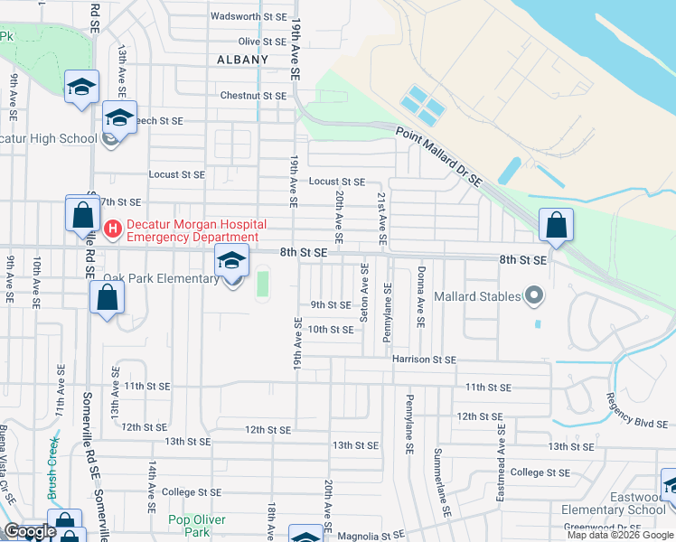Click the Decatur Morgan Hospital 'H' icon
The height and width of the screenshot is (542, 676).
pos(113,230)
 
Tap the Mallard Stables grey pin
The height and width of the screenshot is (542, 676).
pos(533,295)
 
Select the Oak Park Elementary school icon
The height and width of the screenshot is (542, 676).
pos(232,263)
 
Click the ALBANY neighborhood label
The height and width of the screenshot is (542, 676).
pos(243,60)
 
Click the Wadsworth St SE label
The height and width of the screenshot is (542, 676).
pos(248,16)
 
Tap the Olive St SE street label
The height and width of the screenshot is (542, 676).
pos(262,42)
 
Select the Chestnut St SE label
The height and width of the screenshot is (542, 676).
pos(253,96)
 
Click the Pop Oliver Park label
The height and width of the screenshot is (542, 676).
pos(197,526)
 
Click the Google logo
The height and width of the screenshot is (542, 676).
pos(30,532)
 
